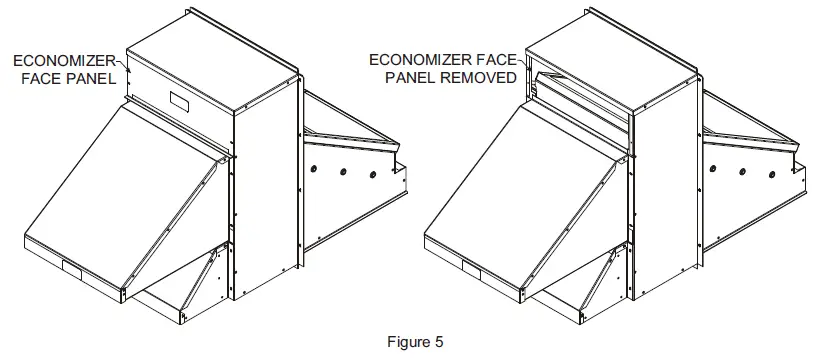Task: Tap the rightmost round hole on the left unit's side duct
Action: (x=373, y=175)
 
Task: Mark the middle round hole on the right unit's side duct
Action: (x=742, y=167)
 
